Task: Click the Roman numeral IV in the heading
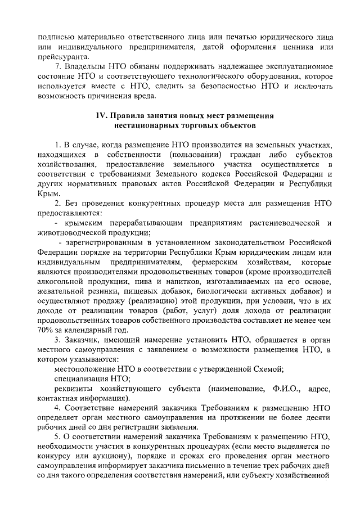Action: (x=101, y=116)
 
